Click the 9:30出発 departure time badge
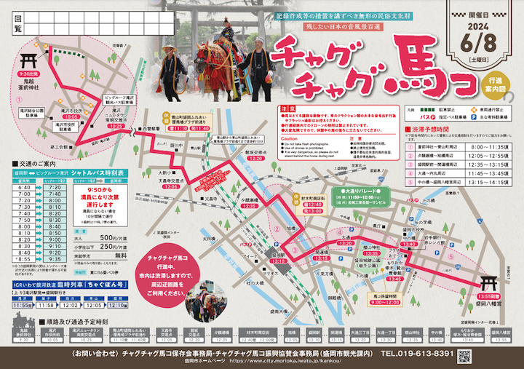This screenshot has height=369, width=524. point(28,74)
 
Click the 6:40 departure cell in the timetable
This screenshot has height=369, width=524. point(25,187)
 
